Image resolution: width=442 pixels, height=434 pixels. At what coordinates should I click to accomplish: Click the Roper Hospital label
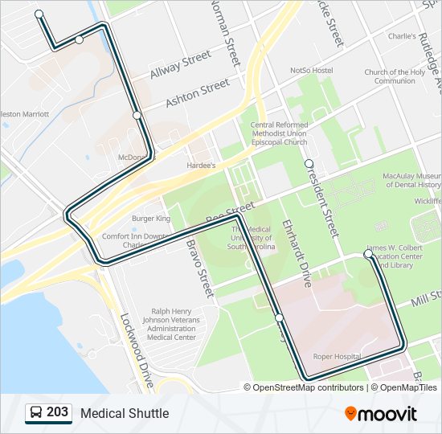337,356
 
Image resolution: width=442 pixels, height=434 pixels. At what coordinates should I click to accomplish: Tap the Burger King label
151,219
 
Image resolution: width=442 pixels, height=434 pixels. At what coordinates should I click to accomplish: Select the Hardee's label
201,166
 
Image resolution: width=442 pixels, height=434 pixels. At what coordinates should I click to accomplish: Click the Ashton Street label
197,94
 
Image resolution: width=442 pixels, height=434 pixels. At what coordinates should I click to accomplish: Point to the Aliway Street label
180,65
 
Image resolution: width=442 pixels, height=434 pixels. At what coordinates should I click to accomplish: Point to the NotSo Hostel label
311,71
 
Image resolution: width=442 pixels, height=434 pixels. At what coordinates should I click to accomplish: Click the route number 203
57,412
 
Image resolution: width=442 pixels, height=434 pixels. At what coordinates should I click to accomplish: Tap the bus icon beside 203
36,413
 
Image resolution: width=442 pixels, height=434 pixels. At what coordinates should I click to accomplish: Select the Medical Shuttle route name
125,413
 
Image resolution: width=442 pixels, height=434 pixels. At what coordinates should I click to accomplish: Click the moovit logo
381,414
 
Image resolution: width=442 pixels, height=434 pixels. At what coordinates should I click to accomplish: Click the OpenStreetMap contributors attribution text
307,387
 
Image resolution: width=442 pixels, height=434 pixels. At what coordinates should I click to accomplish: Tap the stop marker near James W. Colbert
368,254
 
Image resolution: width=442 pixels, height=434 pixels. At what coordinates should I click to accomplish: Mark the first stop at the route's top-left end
39,14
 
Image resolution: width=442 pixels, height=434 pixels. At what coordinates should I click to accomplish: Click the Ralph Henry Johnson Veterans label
172,324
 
